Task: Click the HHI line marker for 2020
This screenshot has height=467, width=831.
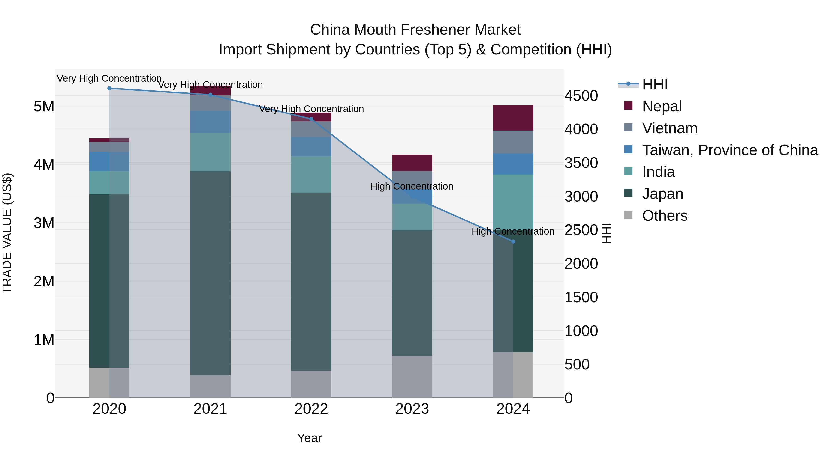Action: click(109, 88)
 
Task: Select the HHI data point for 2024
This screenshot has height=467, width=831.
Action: click(513, 241)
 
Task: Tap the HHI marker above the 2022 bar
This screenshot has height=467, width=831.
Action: click(311, 119)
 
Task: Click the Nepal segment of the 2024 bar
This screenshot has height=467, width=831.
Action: click(513, 118)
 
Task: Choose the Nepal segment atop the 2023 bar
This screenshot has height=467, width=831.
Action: click(412, 163)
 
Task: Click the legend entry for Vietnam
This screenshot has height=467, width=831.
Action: click(670, 128)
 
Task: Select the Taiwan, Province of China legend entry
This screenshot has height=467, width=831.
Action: click(730, 150)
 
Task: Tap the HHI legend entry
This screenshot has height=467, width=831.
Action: click(655, 84)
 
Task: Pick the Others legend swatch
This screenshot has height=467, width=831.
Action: click(628, 215)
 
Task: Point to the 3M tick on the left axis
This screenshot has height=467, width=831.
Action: click(44, 223)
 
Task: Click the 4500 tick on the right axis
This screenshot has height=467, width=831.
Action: click(581, 96)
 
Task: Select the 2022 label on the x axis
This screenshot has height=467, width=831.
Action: click(311, 409)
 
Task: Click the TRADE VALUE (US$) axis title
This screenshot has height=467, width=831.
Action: click(7, 233)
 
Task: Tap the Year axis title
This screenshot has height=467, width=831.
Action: click(309, 438)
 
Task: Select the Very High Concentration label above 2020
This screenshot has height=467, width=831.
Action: click(109, 78)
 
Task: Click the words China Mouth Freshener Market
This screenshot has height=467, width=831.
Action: click(415, 30)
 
